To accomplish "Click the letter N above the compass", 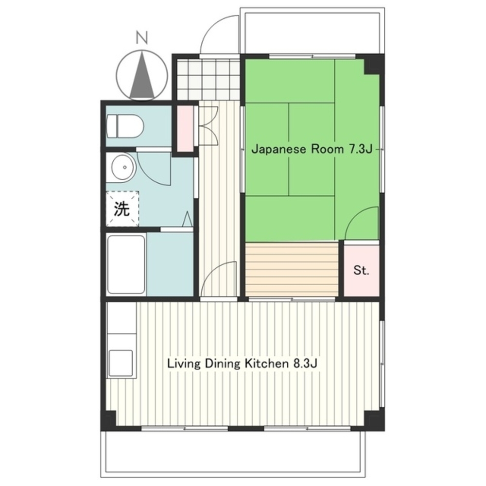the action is pyautogui.click(x=141, y=38).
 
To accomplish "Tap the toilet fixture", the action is pyautogui.click(x=125, y=126).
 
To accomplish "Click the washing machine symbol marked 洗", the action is pyautogui.click(x=122, y=209).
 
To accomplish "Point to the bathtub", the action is pyautogui.click(x=126, y=264).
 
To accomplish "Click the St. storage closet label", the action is pyautogui.click(x=362, y=270).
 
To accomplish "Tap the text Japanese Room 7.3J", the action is pyautogui.click(x=312, y=149).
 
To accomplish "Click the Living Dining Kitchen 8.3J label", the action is pyautogui.click(x=242, y=363).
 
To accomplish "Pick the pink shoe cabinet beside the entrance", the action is pyautogui.click(x=185, y=129).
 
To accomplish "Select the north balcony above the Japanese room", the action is pyautogui.click(x=312, y=33).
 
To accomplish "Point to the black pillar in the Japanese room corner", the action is pyautogui.click(x=374, y=64).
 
